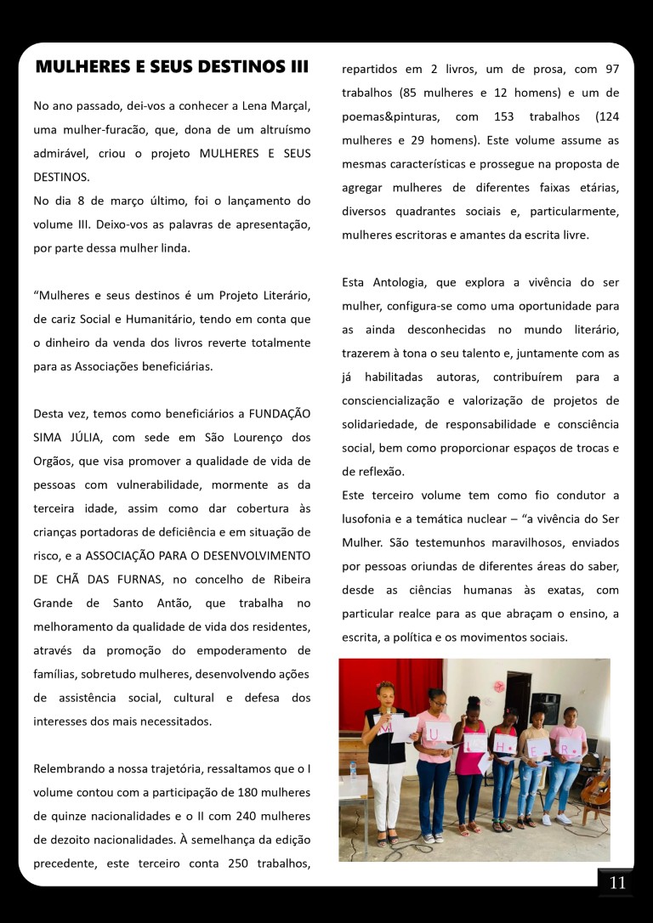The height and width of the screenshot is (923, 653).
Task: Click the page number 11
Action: point(617,883)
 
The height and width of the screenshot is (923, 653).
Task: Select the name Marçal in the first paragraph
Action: point(287,106)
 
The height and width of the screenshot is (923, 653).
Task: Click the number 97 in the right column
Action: point(611,68)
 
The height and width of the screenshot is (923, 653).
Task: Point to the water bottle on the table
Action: point(352,767)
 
